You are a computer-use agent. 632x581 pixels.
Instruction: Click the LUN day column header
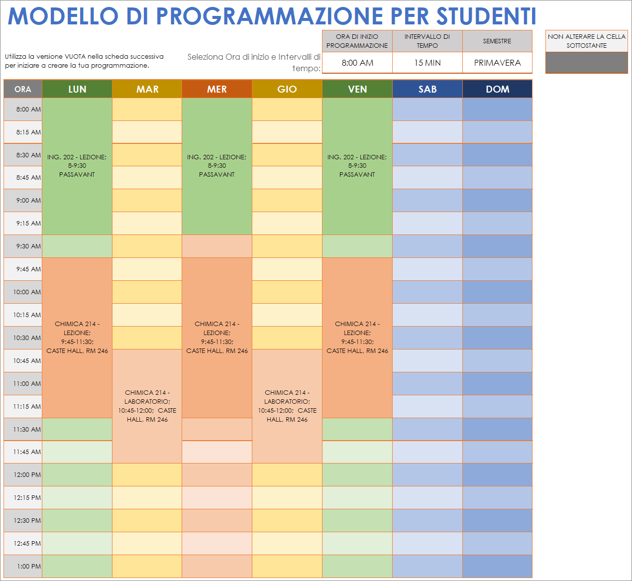(77, 89)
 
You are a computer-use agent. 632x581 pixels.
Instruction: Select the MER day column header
(217, 89)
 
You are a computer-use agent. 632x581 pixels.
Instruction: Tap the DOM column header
(497, 89)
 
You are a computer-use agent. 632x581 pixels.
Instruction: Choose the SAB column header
(427, 89)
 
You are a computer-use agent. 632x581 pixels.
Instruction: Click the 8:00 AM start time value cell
(357, 63)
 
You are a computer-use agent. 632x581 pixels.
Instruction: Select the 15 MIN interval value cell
(427, 63)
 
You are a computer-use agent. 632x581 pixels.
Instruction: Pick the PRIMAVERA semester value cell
(497, 63)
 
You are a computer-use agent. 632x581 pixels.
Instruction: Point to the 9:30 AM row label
(23, 246)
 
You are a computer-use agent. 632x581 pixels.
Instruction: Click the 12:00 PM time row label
(23, 474)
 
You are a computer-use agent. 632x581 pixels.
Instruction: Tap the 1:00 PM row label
(23, 566)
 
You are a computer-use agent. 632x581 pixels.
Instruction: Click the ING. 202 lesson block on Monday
(77, 166)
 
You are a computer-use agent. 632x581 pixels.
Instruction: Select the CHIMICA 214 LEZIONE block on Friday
(357, 337)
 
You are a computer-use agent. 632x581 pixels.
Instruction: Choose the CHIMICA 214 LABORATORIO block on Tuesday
(147, 406)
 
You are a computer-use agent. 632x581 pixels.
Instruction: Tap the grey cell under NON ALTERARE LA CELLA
(586, 63)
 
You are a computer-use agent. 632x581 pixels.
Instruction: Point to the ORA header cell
(23, 89)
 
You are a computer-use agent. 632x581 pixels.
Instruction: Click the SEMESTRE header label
(497, 41)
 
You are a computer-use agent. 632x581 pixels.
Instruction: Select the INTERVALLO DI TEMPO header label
(427, 41)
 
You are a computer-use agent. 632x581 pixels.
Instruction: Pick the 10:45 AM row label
(23, 360)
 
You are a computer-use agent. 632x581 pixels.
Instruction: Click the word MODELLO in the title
(63, 16)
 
